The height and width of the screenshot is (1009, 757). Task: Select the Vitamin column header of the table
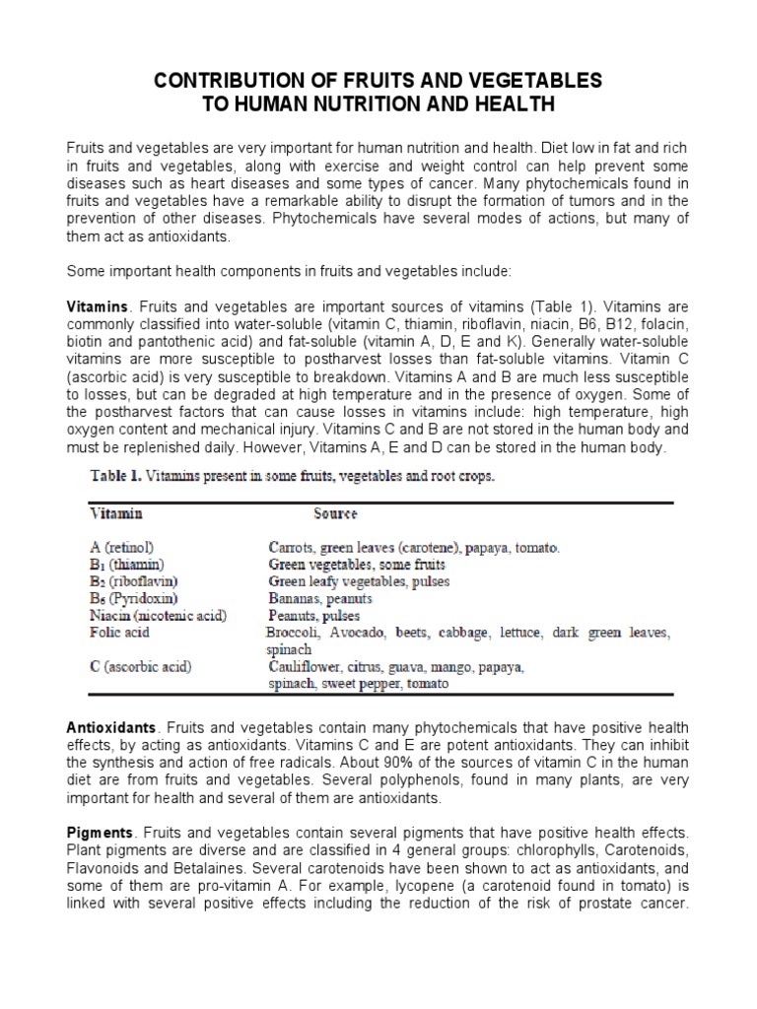(x=116, y=513)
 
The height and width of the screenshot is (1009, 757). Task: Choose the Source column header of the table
(x=335, y=513)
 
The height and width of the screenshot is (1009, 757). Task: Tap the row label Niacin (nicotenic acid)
(x=159, y=616)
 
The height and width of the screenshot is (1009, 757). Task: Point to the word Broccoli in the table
(x=294, y=633)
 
